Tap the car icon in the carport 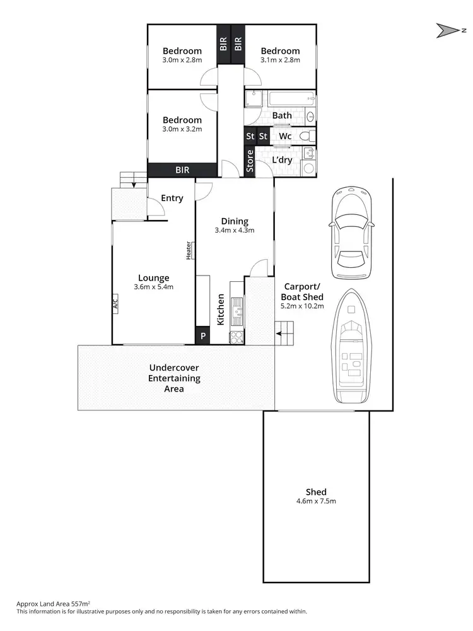[352, 233]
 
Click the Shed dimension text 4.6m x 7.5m [316, 501]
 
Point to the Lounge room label [153, 278]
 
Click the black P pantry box [203, 336]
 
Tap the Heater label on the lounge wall [189, 250]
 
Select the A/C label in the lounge [116, 303]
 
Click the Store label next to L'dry [250, 161]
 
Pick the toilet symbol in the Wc [305, 136]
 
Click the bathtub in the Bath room [290, 99]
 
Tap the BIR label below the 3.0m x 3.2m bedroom [182, 170]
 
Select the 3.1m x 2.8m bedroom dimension [280, 61]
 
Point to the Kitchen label [221, 310]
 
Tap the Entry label [172, 198]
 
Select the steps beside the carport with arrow [285, 332]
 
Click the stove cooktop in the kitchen [237, 337]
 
